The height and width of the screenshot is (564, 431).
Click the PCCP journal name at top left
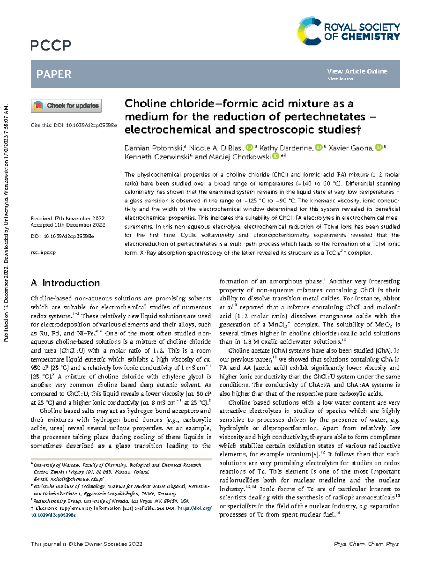51,46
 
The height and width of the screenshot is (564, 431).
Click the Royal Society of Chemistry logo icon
309,31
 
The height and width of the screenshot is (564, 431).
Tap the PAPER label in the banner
54,74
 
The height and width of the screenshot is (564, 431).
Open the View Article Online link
357,71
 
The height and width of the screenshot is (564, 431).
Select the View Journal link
341,79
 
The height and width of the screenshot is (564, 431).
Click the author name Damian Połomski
154,148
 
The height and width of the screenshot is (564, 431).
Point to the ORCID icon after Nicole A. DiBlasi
249,148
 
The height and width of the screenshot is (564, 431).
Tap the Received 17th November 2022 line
68,218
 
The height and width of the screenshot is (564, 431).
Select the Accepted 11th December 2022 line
68,225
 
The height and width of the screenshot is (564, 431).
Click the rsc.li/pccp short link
43,252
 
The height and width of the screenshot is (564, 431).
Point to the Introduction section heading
65,283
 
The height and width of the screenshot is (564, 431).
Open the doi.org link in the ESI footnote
194,508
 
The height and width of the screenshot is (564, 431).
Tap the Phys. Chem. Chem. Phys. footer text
366,544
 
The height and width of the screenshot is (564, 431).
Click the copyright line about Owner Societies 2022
87,544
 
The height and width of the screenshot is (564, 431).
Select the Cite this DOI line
74,125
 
